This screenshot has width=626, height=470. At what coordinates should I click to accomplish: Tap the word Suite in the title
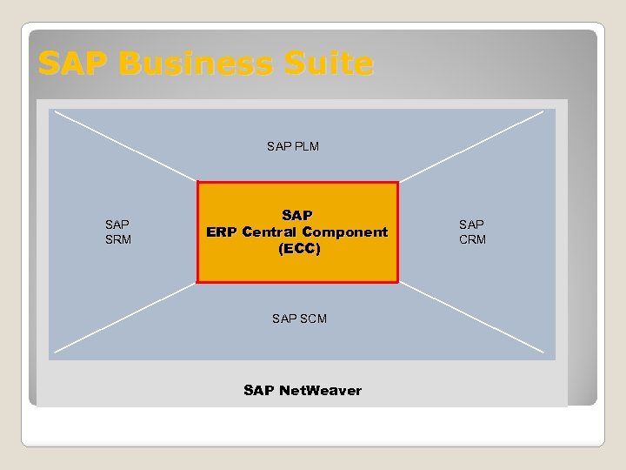(x=331, y=64)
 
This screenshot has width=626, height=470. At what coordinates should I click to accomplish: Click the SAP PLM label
(x=293, y=146)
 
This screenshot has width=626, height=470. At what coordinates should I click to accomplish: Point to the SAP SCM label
(x=299, y=319)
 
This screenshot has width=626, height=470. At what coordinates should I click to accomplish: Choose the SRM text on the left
(x=117, y=239)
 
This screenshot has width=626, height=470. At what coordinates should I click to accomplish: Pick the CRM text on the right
(x=472, y=239)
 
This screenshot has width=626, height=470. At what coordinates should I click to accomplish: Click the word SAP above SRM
(x=117, y=225)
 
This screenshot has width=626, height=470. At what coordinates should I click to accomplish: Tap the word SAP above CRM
(x=472, y=225)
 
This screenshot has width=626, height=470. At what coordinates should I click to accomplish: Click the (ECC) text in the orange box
(x=299, y=249)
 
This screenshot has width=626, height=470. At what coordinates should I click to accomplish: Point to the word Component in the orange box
(x=345, y=232)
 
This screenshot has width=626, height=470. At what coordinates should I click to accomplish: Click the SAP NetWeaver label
(x=303, y=390)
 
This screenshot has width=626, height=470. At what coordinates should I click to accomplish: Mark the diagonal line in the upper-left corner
(x=122, y=145)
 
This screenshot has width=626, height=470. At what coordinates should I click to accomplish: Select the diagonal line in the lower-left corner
(x=122, y=319)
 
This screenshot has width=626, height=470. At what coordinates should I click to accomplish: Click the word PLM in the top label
(x=306, y=146)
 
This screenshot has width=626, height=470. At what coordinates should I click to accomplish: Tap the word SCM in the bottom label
(x=313, y=319)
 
